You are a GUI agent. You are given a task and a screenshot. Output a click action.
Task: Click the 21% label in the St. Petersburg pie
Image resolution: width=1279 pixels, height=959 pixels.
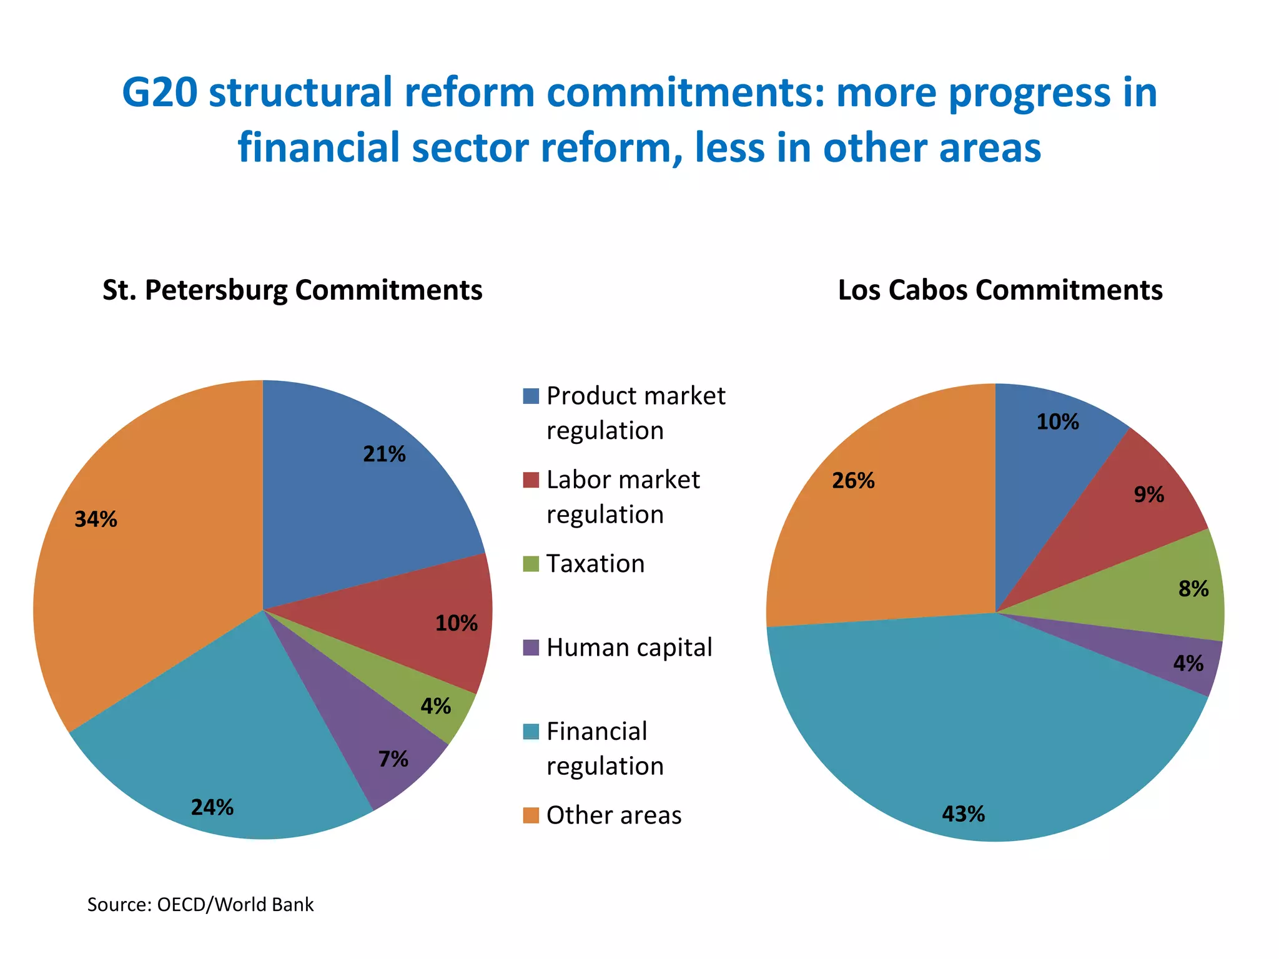(x=384, y=454)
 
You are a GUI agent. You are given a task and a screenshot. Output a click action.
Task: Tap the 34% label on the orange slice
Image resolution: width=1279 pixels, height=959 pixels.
(x=96, y=519)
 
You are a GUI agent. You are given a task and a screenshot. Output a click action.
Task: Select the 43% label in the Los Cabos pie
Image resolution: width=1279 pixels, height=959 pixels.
(x=963, y=814)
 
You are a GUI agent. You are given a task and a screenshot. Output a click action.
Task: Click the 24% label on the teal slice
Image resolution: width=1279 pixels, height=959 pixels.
(x=212, y=807)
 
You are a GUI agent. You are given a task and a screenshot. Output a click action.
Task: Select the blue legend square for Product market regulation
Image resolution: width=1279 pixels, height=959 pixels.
(x=531, y=396)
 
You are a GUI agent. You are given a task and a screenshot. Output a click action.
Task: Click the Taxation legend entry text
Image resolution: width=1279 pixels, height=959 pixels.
(x=595, y=564)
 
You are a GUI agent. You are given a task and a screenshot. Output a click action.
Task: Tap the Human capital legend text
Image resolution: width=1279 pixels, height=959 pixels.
(x=629, y=647)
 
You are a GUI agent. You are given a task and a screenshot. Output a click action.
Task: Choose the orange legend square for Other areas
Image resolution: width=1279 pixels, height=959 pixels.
(x=531, y=815)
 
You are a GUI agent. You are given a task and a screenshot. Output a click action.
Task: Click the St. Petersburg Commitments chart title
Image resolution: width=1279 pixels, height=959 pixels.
(x=292, y=290)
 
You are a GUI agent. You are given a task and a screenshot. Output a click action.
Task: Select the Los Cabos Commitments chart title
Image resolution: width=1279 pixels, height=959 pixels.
(x=1000, y=290)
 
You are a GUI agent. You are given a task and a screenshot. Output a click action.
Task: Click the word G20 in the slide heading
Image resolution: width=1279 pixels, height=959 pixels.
(x=160, y=92)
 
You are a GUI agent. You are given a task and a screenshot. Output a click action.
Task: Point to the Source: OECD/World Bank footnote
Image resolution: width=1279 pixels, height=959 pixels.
(x=200, y=904)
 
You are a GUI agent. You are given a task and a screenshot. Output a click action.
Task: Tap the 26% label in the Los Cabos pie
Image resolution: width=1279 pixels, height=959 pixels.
(x=853, y=481)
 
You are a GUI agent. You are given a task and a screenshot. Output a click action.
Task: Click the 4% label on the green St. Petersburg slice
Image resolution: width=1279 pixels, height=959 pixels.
(x=435, y=706)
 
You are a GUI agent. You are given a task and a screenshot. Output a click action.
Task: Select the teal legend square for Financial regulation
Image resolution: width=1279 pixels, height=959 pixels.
(x=531, y=732)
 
